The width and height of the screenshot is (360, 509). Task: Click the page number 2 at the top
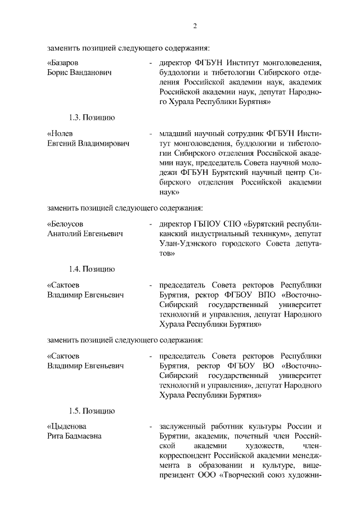(x=195, y=25)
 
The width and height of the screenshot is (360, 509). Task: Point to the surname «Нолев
(x=60, y=134)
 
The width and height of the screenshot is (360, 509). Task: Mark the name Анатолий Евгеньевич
(x=85, y=233)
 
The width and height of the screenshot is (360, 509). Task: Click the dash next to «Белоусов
(x=151, y=223)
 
